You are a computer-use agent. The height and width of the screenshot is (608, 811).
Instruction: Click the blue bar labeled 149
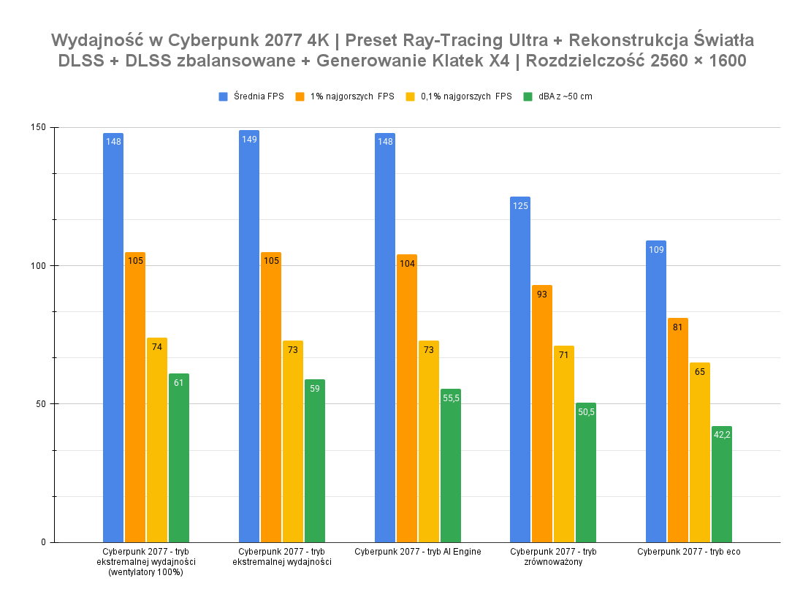click(x=249, y=336)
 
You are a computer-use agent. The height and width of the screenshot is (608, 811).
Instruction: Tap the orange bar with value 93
click(x=542, y=414)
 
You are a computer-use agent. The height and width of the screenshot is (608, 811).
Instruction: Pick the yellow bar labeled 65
click(x=700, y=452)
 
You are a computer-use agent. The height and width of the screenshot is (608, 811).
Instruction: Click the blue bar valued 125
click(x=520, y=369)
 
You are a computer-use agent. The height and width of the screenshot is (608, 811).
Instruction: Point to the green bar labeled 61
click(x=179, y=457)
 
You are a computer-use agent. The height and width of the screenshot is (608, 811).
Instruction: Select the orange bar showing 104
click(x=407, y=398)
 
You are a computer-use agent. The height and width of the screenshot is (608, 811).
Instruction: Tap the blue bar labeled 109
click(x=656, y=391)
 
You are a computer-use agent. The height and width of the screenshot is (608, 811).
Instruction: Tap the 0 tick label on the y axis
click(x=43, y=542)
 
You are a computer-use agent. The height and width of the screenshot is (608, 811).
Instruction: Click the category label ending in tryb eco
click(x=689, y=552)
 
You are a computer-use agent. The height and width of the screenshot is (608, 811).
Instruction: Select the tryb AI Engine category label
click(x=418, y=552)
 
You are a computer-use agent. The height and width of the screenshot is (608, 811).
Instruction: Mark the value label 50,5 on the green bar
click(x=586, y=412)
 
